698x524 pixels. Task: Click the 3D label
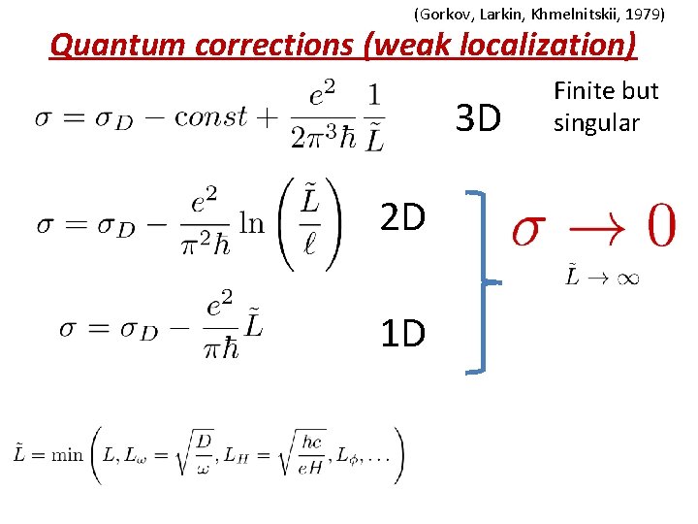478,119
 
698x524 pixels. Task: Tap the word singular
596,123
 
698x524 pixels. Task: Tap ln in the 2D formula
251,225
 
